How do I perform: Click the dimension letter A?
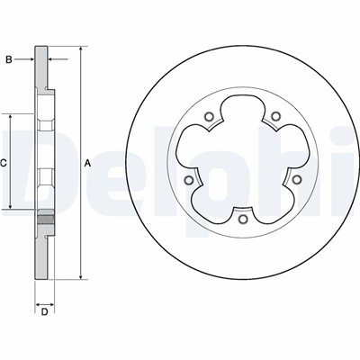(x=87, y=163)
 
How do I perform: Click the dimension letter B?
(x=9, y=59)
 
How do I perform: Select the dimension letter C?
(x=4, y=163)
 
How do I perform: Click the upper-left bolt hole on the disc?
(x=209, y=116)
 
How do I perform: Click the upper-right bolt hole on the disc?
(x=275, y=116)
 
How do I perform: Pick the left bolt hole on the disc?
(x=188, y=180)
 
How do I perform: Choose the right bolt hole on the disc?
(x=297, y=179)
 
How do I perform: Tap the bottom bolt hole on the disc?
(x=242, y=219)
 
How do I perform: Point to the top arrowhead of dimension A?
(x=80, y=49)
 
